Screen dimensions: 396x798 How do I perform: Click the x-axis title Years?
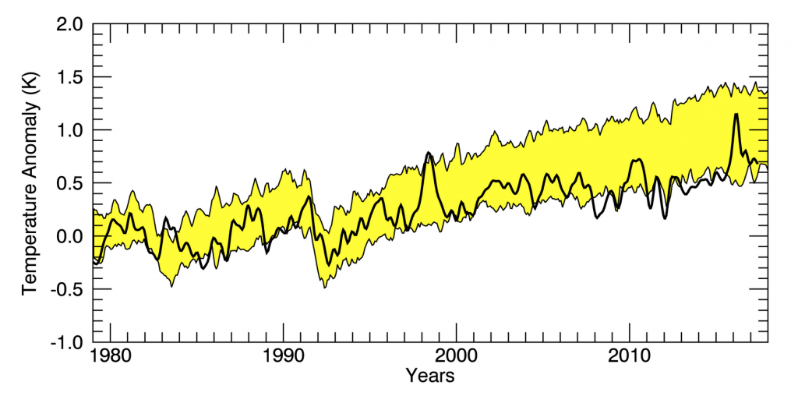pos(430,377)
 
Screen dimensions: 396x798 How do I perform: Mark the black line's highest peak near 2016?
pos(736,115)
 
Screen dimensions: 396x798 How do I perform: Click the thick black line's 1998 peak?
pos(429,154)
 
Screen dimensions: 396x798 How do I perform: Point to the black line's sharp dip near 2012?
pos(665,217)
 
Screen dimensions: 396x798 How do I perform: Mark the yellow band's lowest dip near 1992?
pos(324,287)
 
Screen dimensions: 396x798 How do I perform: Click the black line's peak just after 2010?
pos(638,160)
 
